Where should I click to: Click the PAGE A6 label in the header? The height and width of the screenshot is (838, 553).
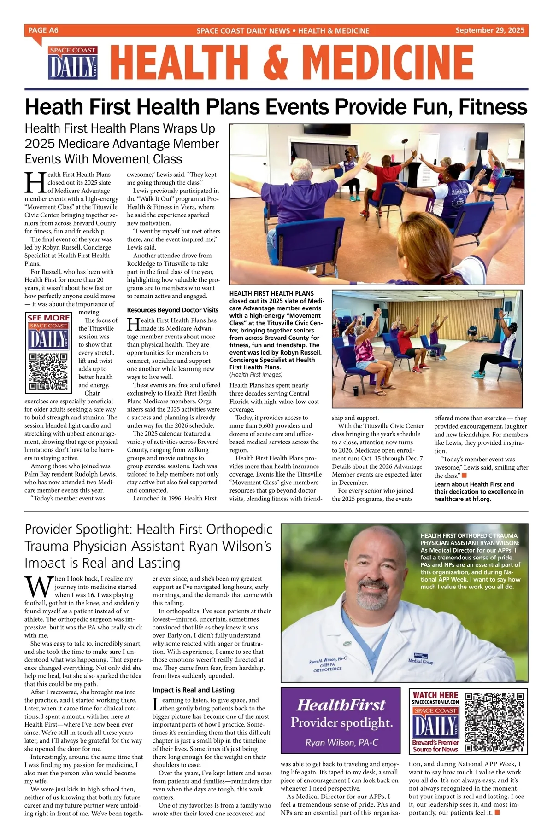43,30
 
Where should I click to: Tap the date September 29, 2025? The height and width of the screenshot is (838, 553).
489,30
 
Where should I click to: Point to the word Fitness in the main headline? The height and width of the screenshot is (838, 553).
494,107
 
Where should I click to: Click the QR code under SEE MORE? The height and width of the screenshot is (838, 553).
48,372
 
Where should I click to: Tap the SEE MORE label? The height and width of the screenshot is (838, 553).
48,318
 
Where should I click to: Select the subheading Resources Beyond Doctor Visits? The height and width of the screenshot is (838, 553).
172,310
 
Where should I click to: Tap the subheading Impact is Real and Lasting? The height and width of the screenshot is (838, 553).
193,690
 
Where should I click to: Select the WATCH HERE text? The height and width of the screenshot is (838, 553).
435,695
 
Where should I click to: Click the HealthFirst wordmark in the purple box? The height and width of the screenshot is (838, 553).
341,705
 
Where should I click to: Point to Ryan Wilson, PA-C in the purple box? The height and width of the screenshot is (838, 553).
341,743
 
